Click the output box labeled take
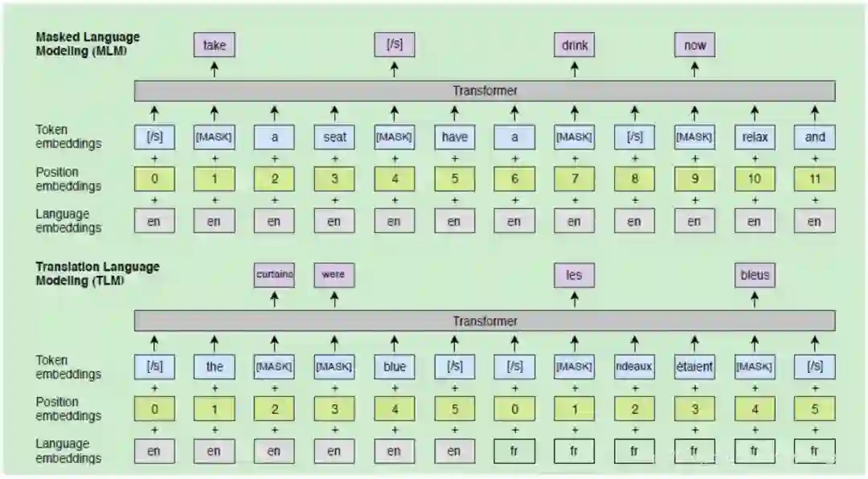[x=214, y=45]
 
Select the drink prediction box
[x=574, y=45]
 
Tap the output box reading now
[x=694, y=45]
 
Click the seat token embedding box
[x=334, y=137]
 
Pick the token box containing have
[x=454, y=137]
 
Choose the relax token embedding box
[x=754, y=137]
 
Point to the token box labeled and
[x=814, y=137]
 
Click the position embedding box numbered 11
[x=814, y=178]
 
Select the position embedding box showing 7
[x=574, y=178]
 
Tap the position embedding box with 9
[x=694, y=178]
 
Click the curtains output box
[x=274, y=275]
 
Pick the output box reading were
[x=334, y=275]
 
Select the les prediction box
[x=574, y=275]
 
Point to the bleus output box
[x=754, y=275]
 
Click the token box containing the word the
[x=214, y=367]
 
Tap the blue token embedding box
[x=394, y=367]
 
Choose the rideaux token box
[x=634, y=367]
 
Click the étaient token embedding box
[x=694, y=367]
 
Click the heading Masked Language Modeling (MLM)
[x=88, y=43]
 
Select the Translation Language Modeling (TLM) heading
[x=97, y=273]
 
